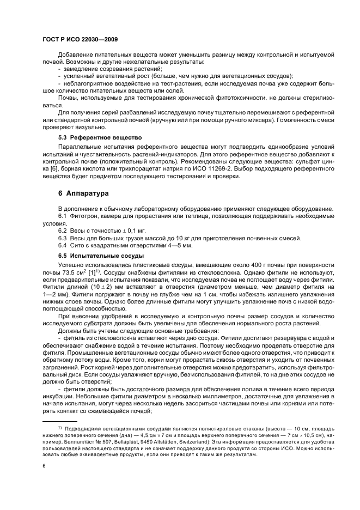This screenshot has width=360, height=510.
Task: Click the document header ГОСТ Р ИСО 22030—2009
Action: coord(77,40)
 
